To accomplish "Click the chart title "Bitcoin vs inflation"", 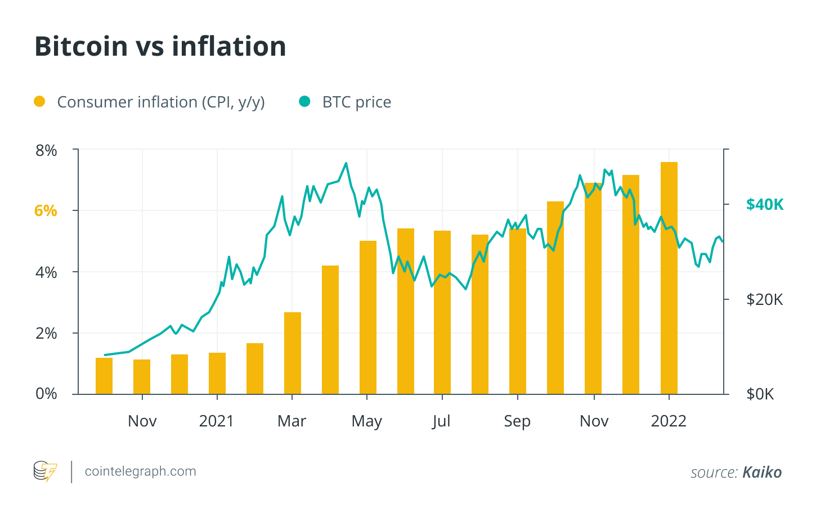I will (160, 46).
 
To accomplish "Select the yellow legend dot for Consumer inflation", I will (39, 102).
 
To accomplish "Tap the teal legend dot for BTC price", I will (304, 102).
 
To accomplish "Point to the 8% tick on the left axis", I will (46, 151).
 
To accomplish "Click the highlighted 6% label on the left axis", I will (46, 211).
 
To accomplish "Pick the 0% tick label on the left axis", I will (46, 394).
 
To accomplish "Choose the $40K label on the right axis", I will (764, 205).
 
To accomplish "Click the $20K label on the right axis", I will (764, 299).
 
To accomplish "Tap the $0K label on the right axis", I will (760, 394).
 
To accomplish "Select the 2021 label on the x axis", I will (217, 421).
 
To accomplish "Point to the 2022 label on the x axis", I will (669, 421).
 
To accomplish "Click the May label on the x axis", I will (367, 421).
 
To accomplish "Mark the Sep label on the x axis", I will (517, 421).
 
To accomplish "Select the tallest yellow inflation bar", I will (669, 278).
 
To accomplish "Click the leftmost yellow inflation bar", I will (104, 376).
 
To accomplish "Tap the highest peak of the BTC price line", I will (346, 164).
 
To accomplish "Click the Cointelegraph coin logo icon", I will (45, 471).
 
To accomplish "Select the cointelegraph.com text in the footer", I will (140, 471).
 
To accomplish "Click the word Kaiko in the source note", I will (762, 473).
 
